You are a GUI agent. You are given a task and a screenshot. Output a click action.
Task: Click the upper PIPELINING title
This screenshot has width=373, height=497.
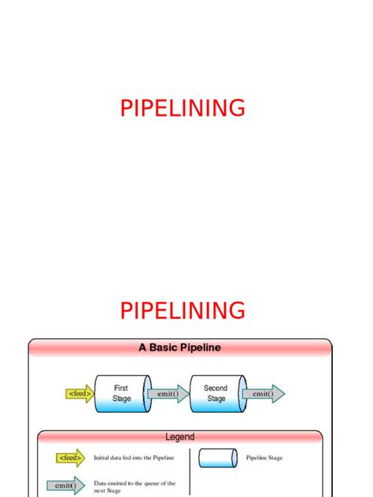click(183, 108)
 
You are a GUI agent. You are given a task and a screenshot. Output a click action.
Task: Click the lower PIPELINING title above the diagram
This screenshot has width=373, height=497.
click(183, 310)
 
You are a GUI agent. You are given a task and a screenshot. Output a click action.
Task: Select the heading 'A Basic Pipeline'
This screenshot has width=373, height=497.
click(180, 347)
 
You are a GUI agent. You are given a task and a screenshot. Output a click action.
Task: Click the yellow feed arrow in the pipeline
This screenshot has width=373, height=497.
click(79, 393)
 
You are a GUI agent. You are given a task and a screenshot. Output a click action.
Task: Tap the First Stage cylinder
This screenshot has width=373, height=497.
click(120, 393)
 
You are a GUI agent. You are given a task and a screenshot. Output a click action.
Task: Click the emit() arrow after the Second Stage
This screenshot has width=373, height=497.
click(263, 393)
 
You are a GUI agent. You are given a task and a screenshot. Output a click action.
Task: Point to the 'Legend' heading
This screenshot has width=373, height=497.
click(179, 436)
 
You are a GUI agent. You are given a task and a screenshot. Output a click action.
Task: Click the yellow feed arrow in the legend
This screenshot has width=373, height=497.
click(70, 458)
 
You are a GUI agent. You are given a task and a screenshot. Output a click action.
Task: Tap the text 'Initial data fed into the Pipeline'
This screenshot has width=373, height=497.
click(134, 458)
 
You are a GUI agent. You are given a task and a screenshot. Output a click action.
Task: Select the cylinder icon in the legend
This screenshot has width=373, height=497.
click(218, 458)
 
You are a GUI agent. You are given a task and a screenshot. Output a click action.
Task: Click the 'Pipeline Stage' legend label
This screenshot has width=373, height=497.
click(264, 458)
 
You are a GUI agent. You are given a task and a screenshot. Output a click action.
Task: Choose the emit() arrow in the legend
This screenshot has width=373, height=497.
click(66, 486)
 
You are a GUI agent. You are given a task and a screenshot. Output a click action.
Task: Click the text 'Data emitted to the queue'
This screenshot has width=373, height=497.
click(134, 484)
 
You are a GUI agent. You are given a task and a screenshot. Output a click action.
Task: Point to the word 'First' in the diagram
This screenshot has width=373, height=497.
click(121, 388)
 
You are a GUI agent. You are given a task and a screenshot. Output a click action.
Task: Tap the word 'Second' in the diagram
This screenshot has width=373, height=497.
click(216, 388)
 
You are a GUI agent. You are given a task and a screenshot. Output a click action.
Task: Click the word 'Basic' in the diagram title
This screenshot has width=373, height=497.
click(169, 347)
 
